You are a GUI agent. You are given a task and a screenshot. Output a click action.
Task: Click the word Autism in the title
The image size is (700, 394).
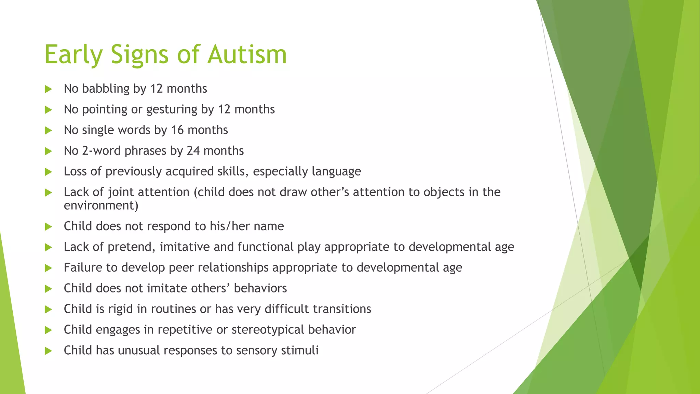(247, 54)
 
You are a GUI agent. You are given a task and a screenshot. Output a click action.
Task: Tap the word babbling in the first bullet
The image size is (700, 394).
(106, 89)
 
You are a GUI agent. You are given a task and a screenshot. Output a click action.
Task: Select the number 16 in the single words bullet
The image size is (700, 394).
(177, 130)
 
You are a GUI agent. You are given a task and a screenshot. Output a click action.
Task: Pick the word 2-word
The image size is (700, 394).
(102, 151)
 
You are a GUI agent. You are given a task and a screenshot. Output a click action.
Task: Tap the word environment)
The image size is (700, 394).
(101, 206)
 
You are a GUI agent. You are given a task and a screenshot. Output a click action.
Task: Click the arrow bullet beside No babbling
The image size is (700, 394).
(48, 89)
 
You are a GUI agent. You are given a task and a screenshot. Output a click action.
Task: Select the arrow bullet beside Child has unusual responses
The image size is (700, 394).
(48, 351)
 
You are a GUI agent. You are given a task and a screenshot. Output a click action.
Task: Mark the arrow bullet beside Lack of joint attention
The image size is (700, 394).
(48, 193)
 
